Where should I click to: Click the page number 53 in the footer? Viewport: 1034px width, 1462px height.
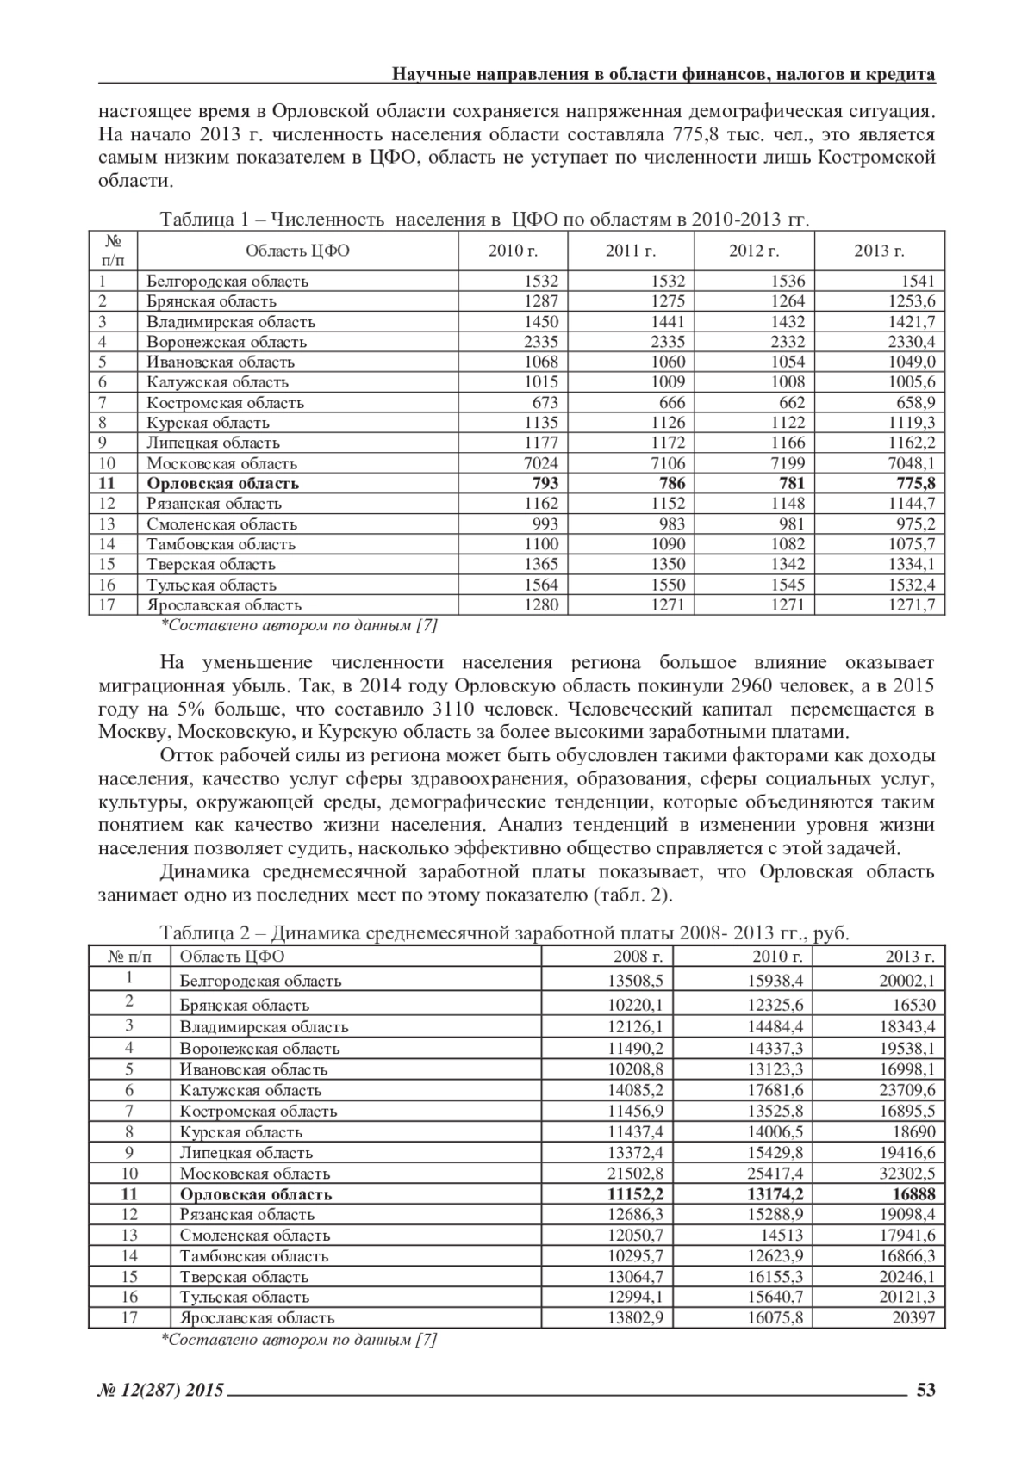tap(925, 1390)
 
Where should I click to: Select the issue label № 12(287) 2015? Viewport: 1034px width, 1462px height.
tap(161, 1390)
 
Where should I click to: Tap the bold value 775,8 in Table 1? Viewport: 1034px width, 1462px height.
tap(914, 483)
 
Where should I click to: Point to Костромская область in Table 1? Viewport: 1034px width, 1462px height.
tap(225, 402)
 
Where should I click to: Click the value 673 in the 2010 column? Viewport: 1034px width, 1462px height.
tap(545, 402)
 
